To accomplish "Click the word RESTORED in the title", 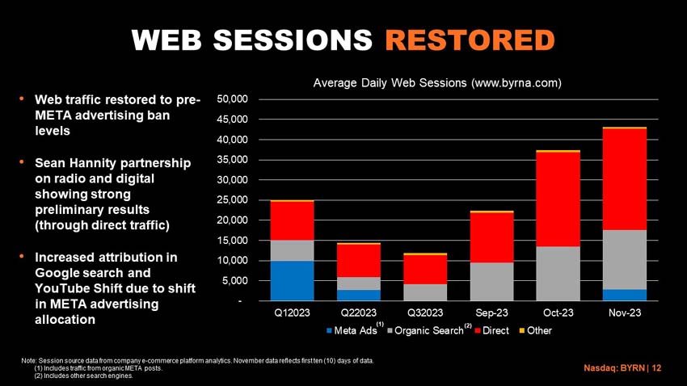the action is click(x=470, y=40).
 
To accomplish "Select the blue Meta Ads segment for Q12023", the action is click(x=293, y=281).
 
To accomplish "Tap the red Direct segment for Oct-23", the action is click(x=558, y=199).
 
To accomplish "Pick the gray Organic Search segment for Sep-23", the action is click(x=491, y=282).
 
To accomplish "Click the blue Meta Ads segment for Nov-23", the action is click(x=625, y=296).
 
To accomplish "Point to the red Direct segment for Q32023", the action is click(x=425, y=270).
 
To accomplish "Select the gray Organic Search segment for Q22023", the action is click(x=359, y=283).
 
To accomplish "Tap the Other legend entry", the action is click(x=535, y=330).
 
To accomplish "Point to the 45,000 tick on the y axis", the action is click(x=232, y=119).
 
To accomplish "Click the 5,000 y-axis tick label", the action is click(x=235, y=280).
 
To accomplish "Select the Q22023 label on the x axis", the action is click(x=359, y=313).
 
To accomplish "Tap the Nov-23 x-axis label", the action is click(x=625, y=313).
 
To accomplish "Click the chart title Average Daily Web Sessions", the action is click(x=437, y=82).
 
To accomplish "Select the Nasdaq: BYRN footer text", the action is click(x=622, y=368).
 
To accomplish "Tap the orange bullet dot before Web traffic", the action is click(x=22, y=99).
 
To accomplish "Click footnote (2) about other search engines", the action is click(x=84, y=376).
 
